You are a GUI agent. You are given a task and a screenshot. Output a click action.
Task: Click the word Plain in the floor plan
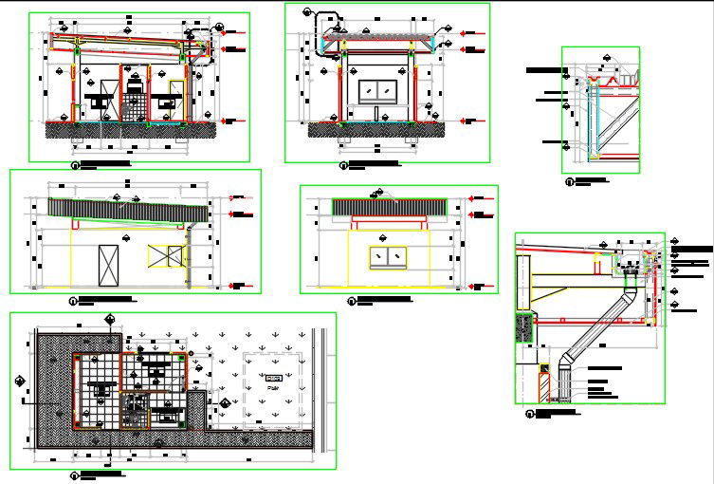coord(273,387)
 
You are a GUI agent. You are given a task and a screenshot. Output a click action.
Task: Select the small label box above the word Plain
coord(273,378)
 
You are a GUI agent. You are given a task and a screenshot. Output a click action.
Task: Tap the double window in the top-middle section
coord(378,91)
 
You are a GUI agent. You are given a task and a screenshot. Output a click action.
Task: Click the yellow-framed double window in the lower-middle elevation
coord(388,256)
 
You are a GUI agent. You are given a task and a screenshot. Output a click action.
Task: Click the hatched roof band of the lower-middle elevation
coord(389,207)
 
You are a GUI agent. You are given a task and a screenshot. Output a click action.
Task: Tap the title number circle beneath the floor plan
coord(75,472)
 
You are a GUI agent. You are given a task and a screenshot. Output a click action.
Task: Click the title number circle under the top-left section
coord(75,164)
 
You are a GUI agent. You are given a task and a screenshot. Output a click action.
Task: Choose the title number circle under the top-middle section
coord(342,165)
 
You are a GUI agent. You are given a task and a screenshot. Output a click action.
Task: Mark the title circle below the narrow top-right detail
coord(569,180)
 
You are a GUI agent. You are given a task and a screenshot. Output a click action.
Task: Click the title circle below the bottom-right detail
coord(529,413)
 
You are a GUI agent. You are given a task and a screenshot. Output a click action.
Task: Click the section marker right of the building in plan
coord(225,404)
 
